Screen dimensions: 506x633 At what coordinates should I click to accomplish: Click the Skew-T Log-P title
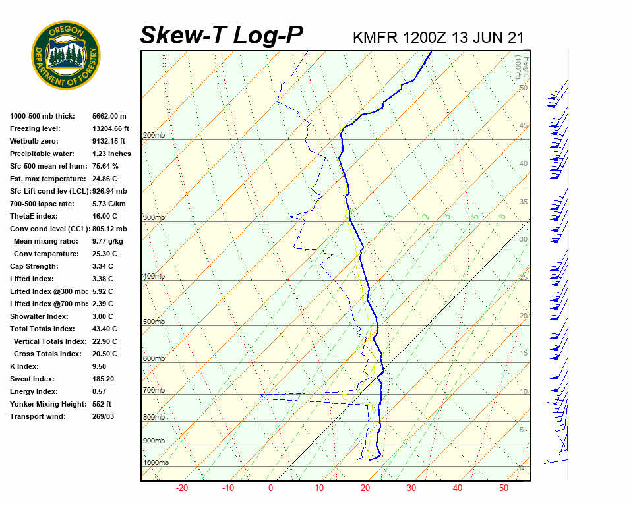pyautogui.click(x=222, y=36)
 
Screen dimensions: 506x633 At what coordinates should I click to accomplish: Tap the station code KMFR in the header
pyautogui.click(x=375, y=38)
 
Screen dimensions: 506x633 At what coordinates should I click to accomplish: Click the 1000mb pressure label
pyautogui.click(x=156, y=463)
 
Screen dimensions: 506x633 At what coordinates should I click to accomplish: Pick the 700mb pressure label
pyautogui.click(x=153, y=391)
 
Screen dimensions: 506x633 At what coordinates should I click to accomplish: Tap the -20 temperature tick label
pyautogui.click(x=182, y=488)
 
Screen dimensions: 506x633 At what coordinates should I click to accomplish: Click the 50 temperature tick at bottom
pyautogui.click(x=504, y=488)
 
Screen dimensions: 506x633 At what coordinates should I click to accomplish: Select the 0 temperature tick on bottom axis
pyautogui.click(x=270, y=488)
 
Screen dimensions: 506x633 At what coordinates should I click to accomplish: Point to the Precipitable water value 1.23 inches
pyautogui.click(x=111, y=154)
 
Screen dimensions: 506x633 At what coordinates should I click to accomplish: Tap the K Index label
pyautogui.click(x=24, y=366)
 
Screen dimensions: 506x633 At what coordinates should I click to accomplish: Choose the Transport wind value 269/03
pyautogui.click(x=104, y=416)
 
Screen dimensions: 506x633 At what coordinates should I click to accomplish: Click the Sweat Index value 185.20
pyautogui.click(x=104, y=379)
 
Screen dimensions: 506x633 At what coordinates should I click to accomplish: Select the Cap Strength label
pyautogui.click(x=34, y=266)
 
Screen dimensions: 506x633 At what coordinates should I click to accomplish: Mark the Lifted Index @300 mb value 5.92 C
pyautogui.click(x=102, y=291)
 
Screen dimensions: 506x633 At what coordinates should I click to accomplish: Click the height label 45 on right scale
pyautogui.click(x=524, y=126)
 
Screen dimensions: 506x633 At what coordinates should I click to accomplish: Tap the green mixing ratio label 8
pyautogui.click(x=502, y=216)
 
